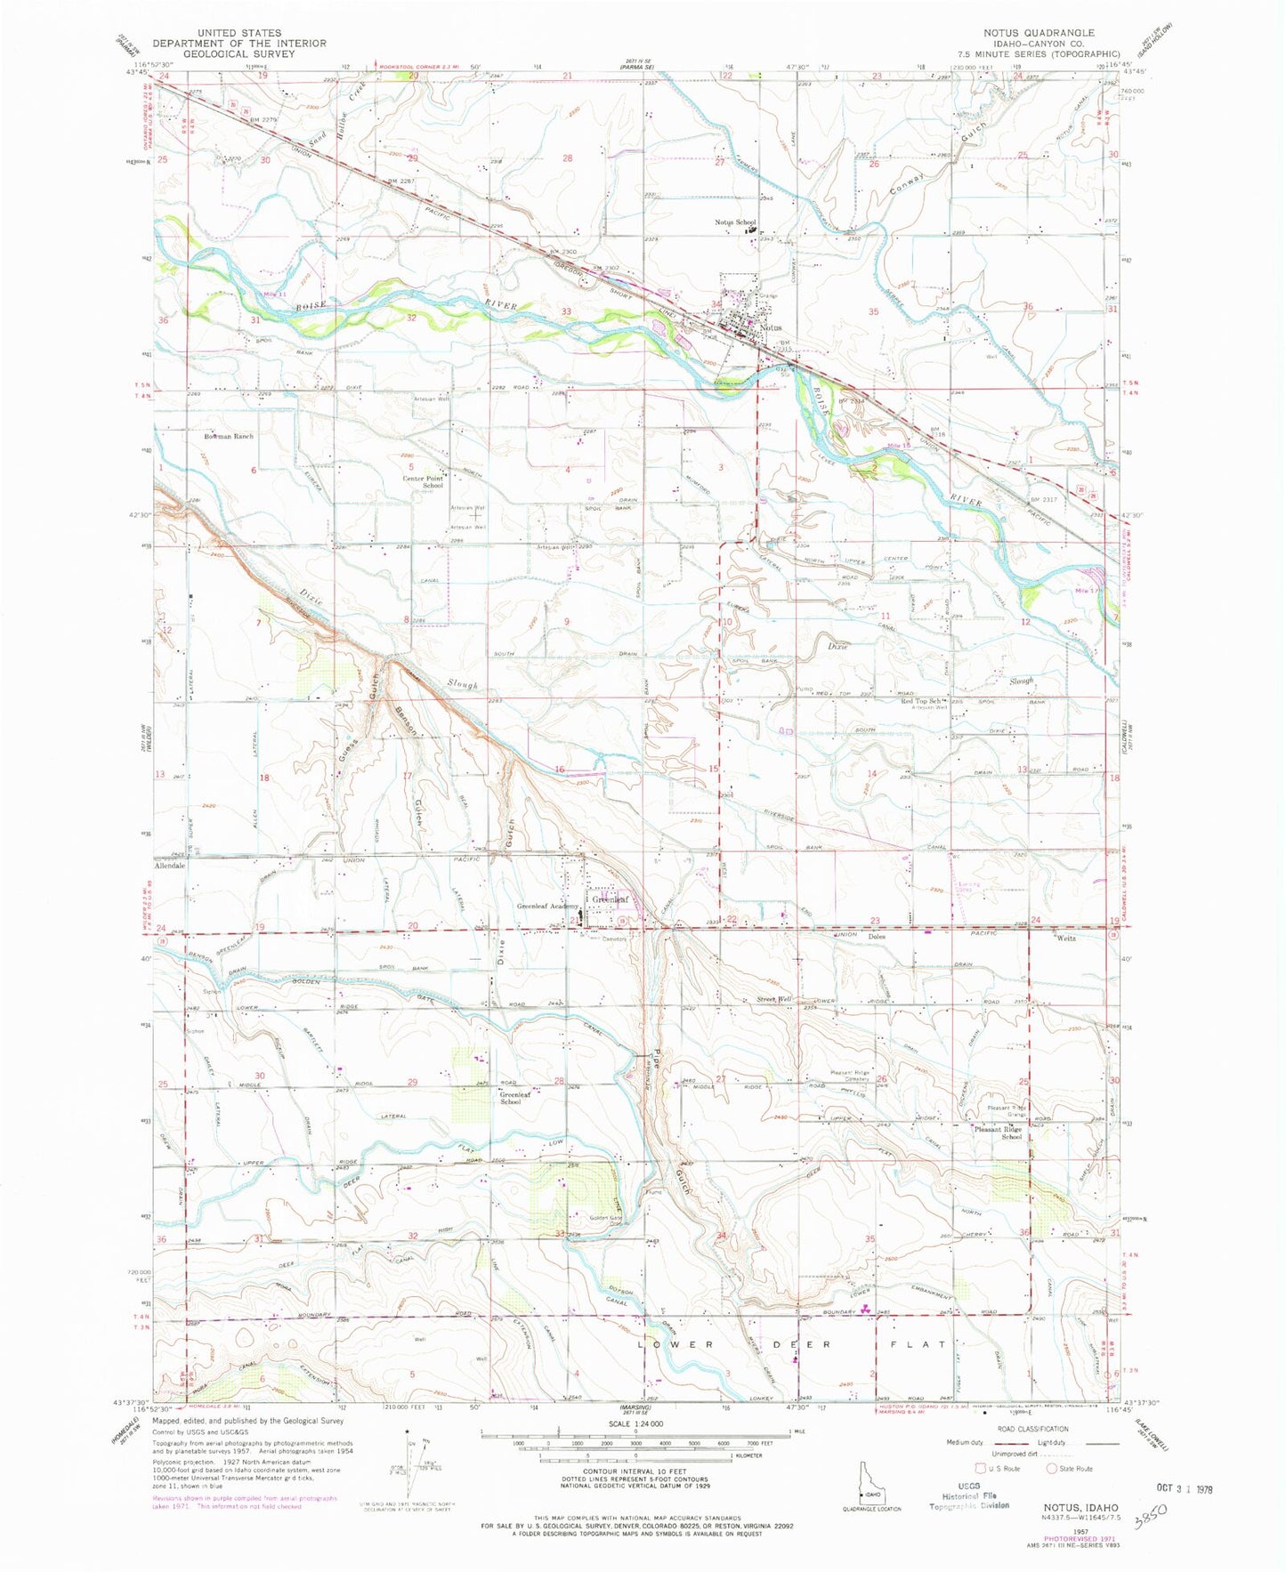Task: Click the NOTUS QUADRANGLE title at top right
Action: [x=1039, y=32]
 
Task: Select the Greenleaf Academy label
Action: [x=545, y=907]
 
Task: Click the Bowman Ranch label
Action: [x=228, y=437]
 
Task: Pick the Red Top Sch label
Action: [x=922, y=701]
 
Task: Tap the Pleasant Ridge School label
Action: [x=999, y=1136]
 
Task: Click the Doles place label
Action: [x=878, y=937]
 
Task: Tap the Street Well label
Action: [x=773, y=999]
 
